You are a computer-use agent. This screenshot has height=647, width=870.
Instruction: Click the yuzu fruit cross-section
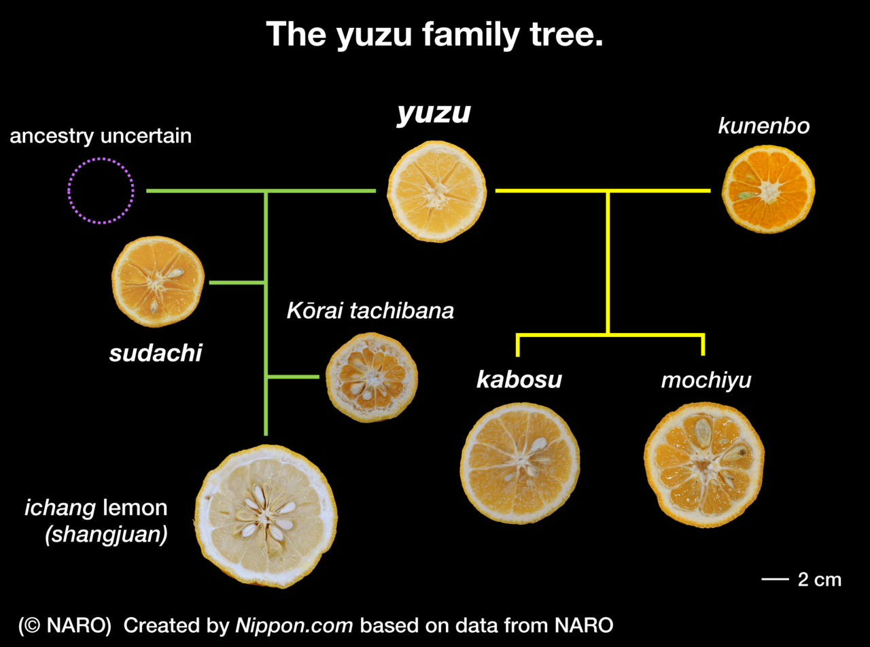pyautogui.click(x=436, y=191)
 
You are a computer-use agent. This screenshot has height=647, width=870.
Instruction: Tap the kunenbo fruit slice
pyautogui.click(x=768, y=188)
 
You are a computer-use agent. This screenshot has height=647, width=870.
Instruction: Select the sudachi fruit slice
pyautogui.click(x=158, y=281)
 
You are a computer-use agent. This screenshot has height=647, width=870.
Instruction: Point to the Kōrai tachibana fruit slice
pyautogui.click(x=371, y=377)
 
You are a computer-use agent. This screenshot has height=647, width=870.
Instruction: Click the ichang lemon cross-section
pyautogui.click(x=266, y=516)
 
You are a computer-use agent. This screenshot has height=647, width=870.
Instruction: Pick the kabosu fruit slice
pyautogui.click(x=520, y=463)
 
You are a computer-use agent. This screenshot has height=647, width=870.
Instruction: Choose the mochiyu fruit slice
pyautogui.click(x=703, y=465)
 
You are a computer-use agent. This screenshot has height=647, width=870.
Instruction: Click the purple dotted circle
pyautogui.click(x=101, y=191)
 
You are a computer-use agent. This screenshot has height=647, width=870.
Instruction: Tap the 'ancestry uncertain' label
pyautogui.click(x=101, y=136)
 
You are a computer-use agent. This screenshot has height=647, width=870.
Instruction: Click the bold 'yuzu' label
pyautogui.click(x=434, y=113)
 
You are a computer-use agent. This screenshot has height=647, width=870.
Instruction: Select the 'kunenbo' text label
pyautogui.click(x=764, y=126)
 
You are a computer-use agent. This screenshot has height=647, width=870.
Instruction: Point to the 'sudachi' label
pyautogui.click(x=156, y=353)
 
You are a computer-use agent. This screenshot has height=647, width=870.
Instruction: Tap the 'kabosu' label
pyautogui.click(x=519, y=380)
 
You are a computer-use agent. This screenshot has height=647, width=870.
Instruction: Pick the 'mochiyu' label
pyautogui.click(x=706, y=381)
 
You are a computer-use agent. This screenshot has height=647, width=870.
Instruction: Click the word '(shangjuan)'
pyautogui.click(x=106, y=535)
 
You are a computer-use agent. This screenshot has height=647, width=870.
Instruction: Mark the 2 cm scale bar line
pyautogui.click(x=773, y=580)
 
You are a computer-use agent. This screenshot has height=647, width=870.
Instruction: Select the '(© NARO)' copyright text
pyautogui.click(x=65, y=625)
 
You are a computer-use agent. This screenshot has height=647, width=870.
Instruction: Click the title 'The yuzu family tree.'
pyautogui.click(x=434, y=34)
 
